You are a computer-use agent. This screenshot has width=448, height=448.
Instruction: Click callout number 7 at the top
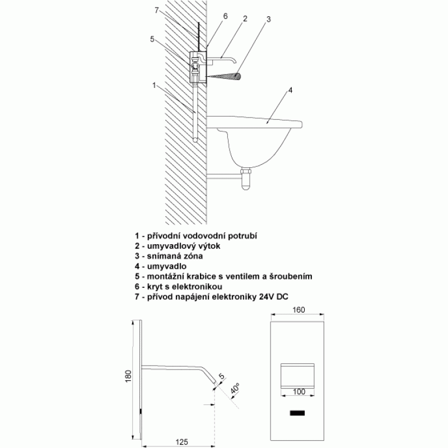[156, 11]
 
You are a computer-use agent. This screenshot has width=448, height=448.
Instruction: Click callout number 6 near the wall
[226, 16]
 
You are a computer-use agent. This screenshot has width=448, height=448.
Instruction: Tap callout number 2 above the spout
[245, 18]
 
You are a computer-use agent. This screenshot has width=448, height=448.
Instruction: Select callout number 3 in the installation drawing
[268, 19]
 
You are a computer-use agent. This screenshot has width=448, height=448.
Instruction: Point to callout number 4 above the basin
[290, 90]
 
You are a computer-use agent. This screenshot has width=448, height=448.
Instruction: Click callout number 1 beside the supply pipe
[154, 85]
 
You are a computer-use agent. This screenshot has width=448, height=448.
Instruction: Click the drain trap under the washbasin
[246, 179]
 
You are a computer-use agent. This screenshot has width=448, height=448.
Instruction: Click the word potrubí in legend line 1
[242, 236]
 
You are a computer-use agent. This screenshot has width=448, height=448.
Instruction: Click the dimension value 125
[181, 442]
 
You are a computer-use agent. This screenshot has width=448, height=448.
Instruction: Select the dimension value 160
[298, 310]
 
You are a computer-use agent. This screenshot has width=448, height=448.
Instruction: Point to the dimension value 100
[299, 391]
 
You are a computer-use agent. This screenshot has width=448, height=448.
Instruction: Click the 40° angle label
[235, 389]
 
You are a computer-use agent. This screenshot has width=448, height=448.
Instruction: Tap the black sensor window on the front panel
[297, 413]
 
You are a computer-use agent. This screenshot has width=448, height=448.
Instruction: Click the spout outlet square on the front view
[298, 375]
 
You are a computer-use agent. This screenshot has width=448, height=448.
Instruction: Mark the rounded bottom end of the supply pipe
[195, 140]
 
